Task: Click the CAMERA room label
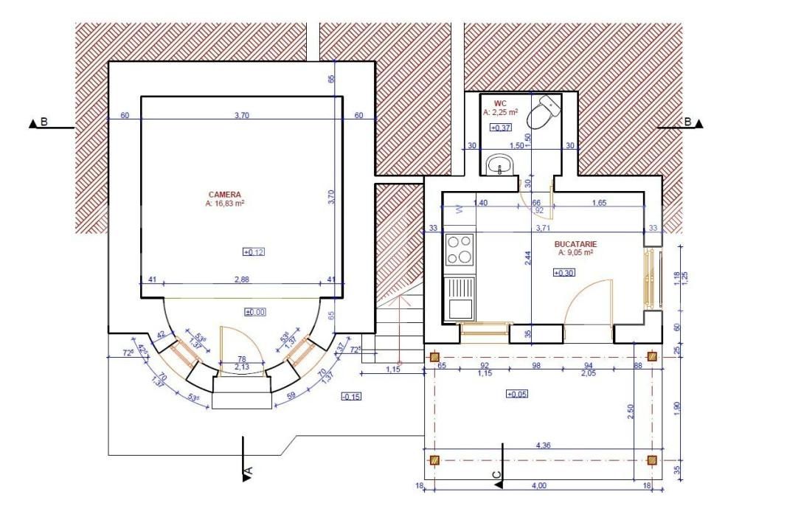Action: coord(224,195)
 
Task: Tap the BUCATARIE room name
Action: coord(575,243)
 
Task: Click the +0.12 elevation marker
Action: coord(254,252)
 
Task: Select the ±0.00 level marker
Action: coord(254,312)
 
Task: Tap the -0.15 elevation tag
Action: coord(350,397)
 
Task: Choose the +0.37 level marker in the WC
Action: coord(501,128)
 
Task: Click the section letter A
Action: coord(249,470)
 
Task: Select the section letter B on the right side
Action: coord(687,122)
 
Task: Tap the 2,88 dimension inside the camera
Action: coord(243,279)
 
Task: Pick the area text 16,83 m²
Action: coord(225,203)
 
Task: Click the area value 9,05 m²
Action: coord(576,252)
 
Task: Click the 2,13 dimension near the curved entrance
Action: coord(242,367)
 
